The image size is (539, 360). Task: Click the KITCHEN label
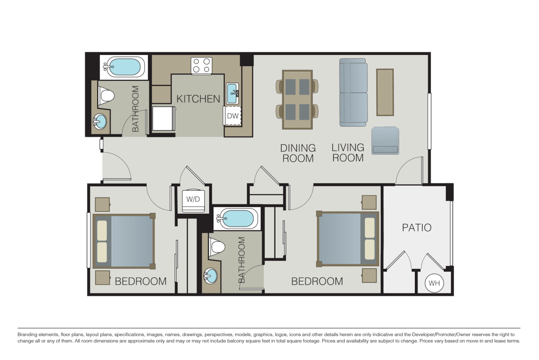(198, 99)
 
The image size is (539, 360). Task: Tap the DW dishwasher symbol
(232, 116)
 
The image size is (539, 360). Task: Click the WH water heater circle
(434, 284)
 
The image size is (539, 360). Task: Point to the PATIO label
(416, 227)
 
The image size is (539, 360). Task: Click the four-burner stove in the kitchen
(201, 65)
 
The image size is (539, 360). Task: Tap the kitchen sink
(232, 93)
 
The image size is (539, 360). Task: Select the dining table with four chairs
(297, 99)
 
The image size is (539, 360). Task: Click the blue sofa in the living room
(353, 93)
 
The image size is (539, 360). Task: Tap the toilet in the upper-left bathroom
(106, 95)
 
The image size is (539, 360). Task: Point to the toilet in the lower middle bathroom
(217, 246)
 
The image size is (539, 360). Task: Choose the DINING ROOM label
(298, 153)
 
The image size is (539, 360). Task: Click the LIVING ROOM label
(348, 153)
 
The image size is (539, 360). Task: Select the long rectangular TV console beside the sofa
(384, 92)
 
